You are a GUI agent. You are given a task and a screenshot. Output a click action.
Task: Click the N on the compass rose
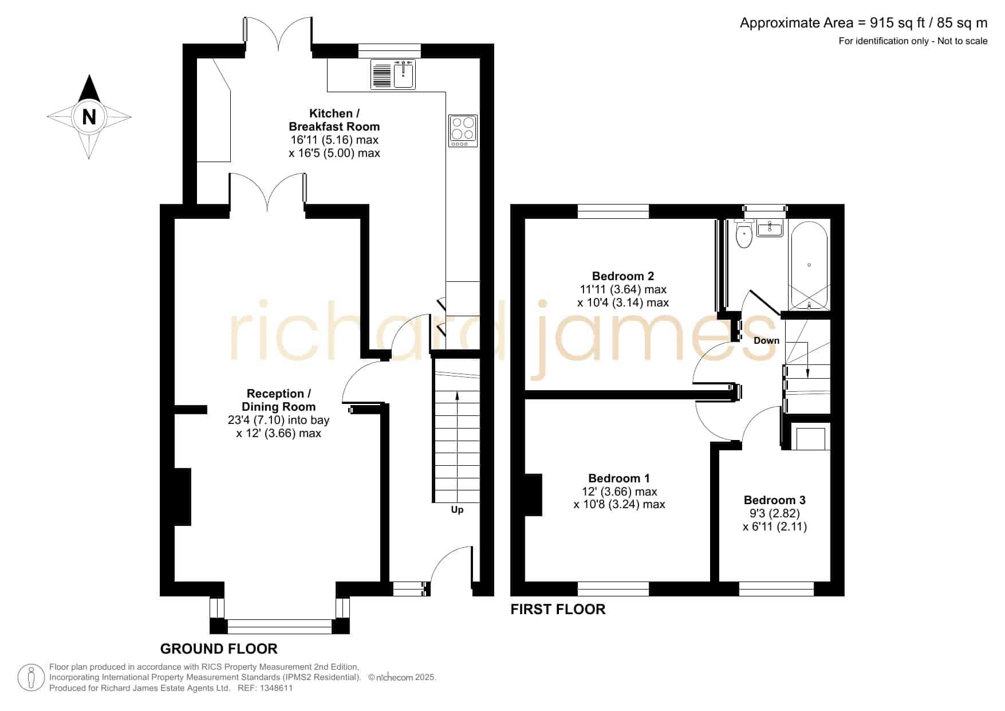(89, 117)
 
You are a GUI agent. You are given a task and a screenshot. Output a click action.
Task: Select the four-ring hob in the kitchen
(463, 131)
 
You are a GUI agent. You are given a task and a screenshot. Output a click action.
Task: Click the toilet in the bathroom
(744, 233)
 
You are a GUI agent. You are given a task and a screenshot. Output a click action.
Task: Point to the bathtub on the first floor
(809, 265)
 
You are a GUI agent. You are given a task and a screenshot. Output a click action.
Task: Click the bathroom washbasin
(770, 229)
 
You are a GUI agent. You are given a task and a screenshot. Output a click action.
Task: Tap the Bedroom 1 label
(619, 478)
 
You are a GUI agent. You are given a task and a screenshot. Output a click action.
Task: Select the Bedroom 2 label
(623, 276)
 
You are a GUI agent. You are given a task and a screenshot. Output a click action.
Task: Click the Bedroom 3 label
(775, 500)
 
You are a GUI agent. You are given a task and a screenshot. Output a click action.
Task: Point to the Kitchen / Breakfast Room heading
(334, 120)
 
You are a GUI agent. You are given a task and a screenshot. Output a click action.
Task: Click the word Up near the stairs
(457, 510)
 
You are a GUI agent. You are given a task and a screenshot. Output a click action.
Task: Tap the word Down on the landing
(766, 340)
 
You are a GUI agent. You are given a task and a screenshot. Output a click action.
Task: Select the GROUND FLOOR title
(219, 649)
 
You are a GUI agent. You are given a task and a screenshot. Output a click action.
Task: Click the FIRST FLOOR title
(558, 609)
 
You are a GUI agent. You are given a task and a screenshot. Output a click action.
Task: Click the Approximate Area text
(864, 23)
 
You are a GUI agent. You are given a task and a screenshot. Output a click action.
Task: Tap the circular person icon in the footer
(31, 678)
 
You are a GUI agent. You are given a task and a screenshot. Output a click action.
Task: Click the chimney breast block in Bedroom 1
(533, 495)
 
